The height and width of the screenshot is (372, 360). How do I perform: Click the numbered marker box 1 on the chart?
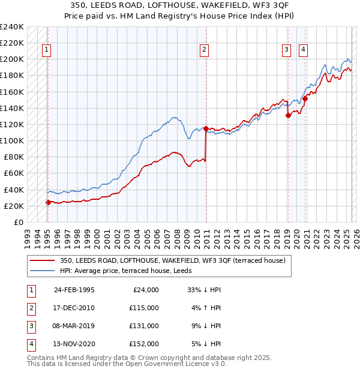click(46, 50)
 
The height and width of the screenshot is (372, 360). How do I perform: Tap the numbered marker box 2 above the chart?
click(205, 50)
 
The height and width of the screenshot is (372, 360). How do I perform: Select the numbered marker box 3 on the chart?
click(287, 50)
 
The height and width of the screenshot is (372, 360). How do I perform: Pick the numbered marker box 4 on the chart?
click(304, 50)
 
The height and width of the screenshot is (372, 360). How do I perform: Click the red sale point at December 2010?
click(206, 128)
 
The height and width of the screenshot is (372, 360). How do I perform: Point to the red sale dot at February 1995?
click(48, 202)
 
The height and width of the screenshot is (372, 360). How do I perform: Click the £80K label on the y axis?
click(13, 157)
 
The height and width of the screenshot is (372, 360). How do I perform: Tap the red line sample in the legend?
click(41, 260)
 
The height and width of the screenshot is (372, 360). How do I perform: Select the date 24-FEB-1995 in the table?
click(74, 290)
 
